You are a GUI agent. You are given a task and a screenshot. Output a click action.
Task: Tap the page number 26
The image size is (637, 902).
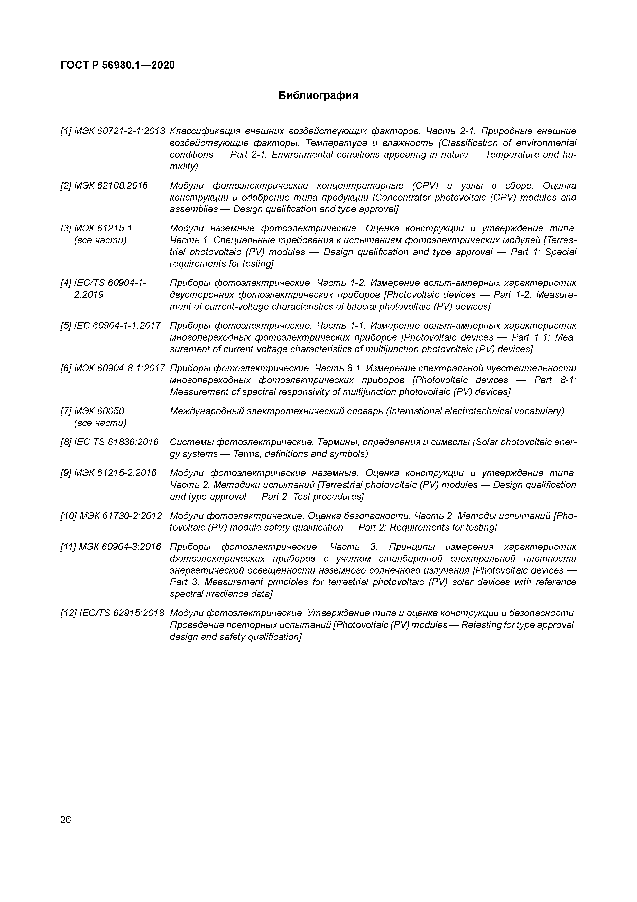[x=66, y=819]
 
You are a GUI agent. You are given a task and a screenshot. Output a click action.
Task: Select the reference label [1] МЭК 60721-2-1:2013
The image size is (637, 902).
[x=113, y=131]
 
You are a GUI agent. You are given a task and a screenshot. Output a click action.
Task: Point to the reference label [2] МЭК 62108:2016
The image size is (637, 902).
[x=104, y=185]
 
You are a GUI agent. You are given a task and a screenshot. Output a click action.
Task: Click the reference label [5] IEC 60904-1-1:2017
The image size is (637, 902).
[x=110, y=326]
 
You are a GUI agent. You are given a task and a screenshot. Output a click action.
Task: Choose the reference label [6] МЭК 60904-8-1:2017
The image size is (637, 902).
[x=113, y=369]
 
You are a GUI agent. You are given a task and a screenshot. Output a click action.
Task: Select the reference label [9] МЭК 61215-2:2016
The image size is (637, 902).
[x=108, y=473]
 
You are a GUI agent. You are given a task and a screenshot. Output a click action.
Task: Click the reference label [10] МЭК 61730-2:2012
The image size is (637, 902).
[x=111, y=516]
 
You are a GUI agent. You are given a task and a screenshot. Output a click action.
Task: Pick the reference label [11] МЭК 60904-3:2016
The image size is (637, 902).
[x=111, y=547]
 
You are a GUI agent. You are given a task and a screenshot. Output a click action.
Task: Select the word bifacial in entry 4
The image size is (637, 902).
[x=367, y=306]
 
